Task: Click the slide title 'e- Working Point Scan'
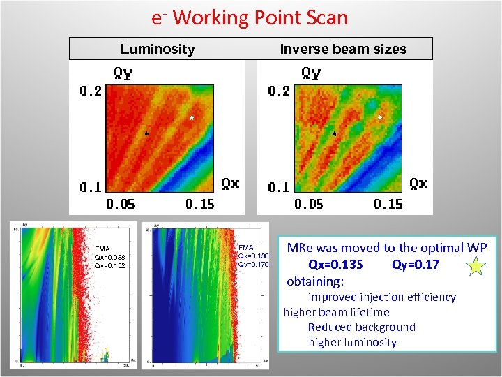click(250, 17)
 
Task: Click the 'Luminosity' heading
click(158, 49)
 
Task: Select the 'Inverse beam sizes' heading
click(343, 49)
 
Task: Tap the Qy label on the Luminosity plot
click(123, 73)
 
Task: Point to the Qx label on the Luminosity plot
click(230, 184)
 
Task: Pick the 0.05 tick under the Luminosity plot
click(120, 204)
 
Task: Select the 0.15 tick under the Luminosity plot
click(200, 204)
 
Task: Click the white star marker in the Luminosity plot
click(192, 118)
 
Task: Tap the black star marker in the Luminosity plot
click(146, 133)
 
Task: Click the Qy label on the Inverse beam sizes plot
click(311, 73)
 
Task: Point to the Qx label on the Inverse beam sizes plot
click(418, 184)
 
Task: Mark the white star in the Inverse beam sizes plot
click(380, 118)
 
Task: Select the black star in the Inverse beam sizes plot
click(335, 133)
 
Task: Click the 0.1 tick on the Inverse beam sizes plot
click(278, 187)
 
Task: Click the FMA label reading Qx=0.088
click(109, 257)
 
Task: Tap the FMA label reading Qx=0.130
click(252, 256)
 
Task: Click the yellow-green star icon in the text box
click(476, 265)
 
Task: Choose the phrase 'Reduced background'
click(361, 327)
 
